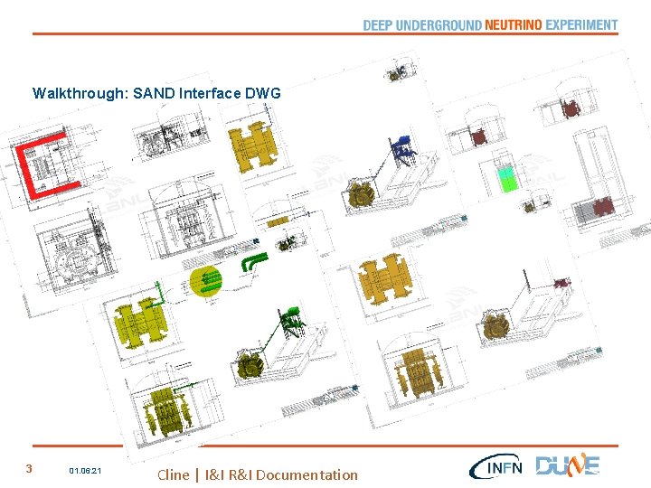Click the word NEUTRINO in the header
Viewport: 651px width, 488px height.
(x=513, y=25)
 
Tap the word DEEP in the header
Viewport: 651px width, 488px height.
(x=378, y=25)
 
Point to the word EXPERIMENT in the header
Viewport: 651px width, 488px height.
(x=582, y=25)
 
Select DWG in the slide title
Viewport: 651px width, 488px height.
(x=264, y=93)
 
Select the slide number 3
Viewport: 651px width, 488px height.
(x=29, y=469)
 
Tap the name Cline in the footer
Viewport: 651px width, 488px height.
(x=174, y=474)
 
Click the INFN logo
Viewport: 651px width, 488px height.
(x=495, y=467)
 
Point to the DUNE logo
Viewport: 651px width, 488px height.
(x=567, y=465)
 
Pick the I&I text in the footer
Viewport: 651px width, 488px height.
(x=215, y=474)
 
